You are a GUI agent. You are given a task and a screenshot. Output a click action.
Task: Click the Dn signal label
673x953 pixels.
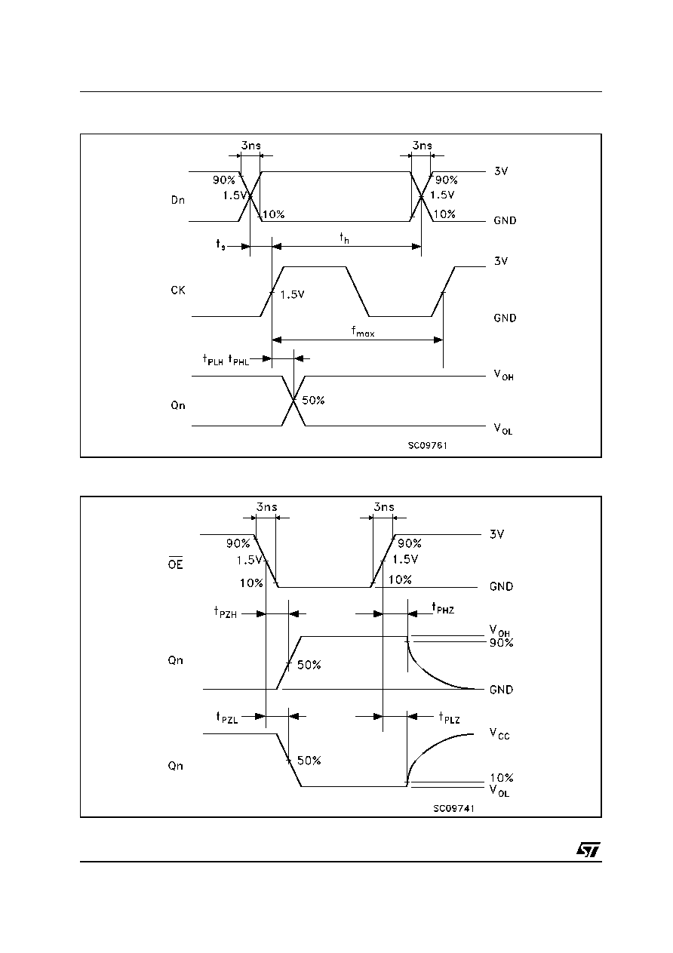[178, 200]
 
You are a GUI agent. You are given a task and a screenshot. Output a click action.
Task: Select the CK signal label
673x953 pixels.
[178, 291]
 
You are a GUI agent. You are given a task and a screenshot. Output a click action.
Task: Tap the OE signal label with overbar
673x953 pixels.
[175, 563]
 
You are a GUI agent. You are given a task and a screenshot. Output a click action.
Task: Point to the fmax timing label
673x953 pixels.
[363, 331]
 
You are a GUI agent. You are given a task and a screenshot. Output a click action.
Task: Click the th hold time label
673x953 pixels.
[344, 238]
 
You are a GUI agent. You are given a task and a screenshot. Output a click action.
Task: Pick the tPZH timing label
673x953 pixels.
[225, 612]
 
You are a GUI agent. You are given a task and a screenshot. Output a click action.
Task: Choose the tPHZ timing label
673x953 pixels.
[443, 608]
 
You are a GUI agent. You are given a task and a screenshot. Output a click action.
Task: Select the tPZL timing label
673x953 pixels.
[227, 718]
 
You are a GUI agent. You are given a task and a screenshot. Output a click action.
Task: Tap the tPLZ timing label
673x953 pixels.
[449, 718]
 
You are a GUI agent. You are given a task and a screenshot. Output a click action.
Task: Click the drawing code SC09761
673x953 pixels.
[428, 445]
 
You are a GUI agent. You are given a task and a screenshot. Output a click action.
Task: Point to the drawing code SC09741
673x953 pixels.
[453, 808]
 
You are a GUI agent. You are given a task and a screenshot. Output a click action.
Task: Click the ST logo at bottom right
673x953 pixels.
[588, 850]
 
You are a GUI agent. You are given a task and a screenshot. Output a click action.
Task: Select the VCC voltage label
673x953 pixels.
[499, 734]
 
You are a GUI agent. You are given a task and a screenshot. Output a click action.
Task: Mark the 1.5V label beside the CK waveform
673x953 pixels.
[292, 294]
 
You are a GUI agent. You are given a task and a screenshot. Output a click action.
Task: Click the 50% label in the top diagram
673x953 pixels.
[313, 401]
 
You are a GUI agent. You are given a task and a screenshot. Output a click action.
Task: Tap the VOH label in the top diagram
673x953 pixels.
[504, 375]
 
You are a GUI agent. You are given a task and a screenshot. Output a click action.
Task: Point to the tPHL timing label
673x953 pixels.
[238, 360]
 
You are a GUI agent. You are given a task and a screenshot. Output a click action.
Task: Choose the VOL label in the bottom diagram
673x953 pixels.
[499, 791]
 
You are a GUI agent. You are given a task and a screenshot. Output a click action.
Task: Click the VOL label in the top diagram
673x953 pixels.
[503, 429]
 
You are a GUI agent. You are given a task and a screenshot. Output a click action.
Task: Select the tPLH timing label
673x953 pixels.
[213, 360]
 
